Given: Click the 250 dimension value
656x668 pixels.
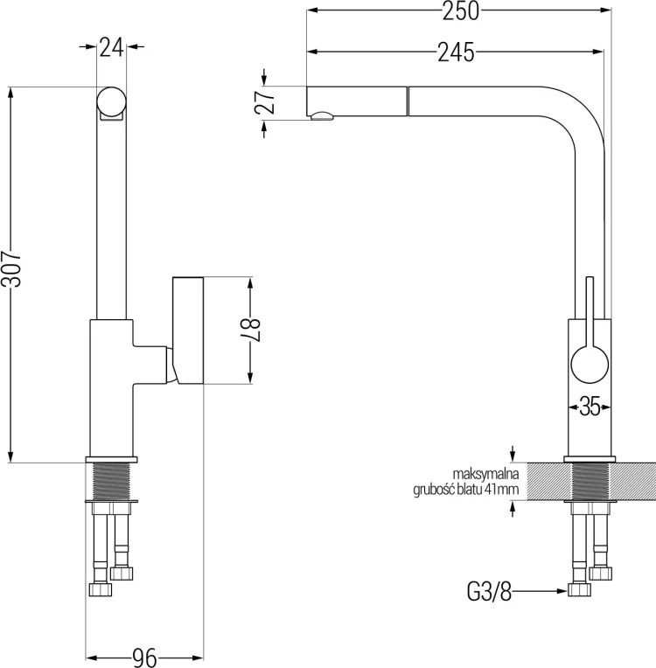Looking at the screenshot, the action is point(460,11).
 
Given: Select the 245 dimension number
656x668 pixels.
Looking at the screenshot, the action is point(456,52).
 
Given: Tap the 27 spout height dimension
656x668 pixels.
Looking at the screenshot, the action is point(265,101).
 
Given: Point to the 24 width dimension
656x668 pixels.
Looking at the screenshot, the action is point(111,47).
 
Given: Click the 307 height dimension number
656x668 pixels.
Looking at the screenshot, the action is point(10,268).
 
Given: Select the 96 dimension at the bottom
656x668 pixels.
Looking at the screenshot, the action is point(144,658).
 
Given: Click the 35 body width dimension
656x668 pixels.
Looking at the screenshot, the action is point(590,407).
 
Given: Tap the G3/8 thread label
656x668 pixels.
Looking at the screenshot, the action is point(489,592).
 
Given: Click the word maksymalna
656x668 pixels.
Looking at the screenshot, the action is point(485,474).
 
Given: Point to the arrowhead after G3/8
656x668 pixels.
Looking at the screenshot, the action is point(562,591).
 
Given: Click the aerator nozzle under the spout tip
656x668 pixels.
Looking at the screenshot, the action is point(322,116).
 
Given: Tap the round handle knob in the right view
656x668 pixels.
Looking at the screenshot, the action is point(590,365).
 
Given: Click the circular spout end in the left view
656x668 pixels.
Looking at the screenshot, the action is point(111,101).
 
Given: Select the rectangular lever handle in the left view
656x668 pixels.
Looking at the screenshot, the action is point(188,331).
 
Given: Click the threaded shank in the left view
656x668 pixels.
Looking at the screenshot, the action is point(111,482).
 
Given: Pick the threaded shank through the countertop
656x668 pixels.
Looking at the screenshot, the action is point(590,482).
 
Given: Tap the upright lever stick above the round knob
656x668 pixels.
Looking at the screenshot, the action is point(590,311).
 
